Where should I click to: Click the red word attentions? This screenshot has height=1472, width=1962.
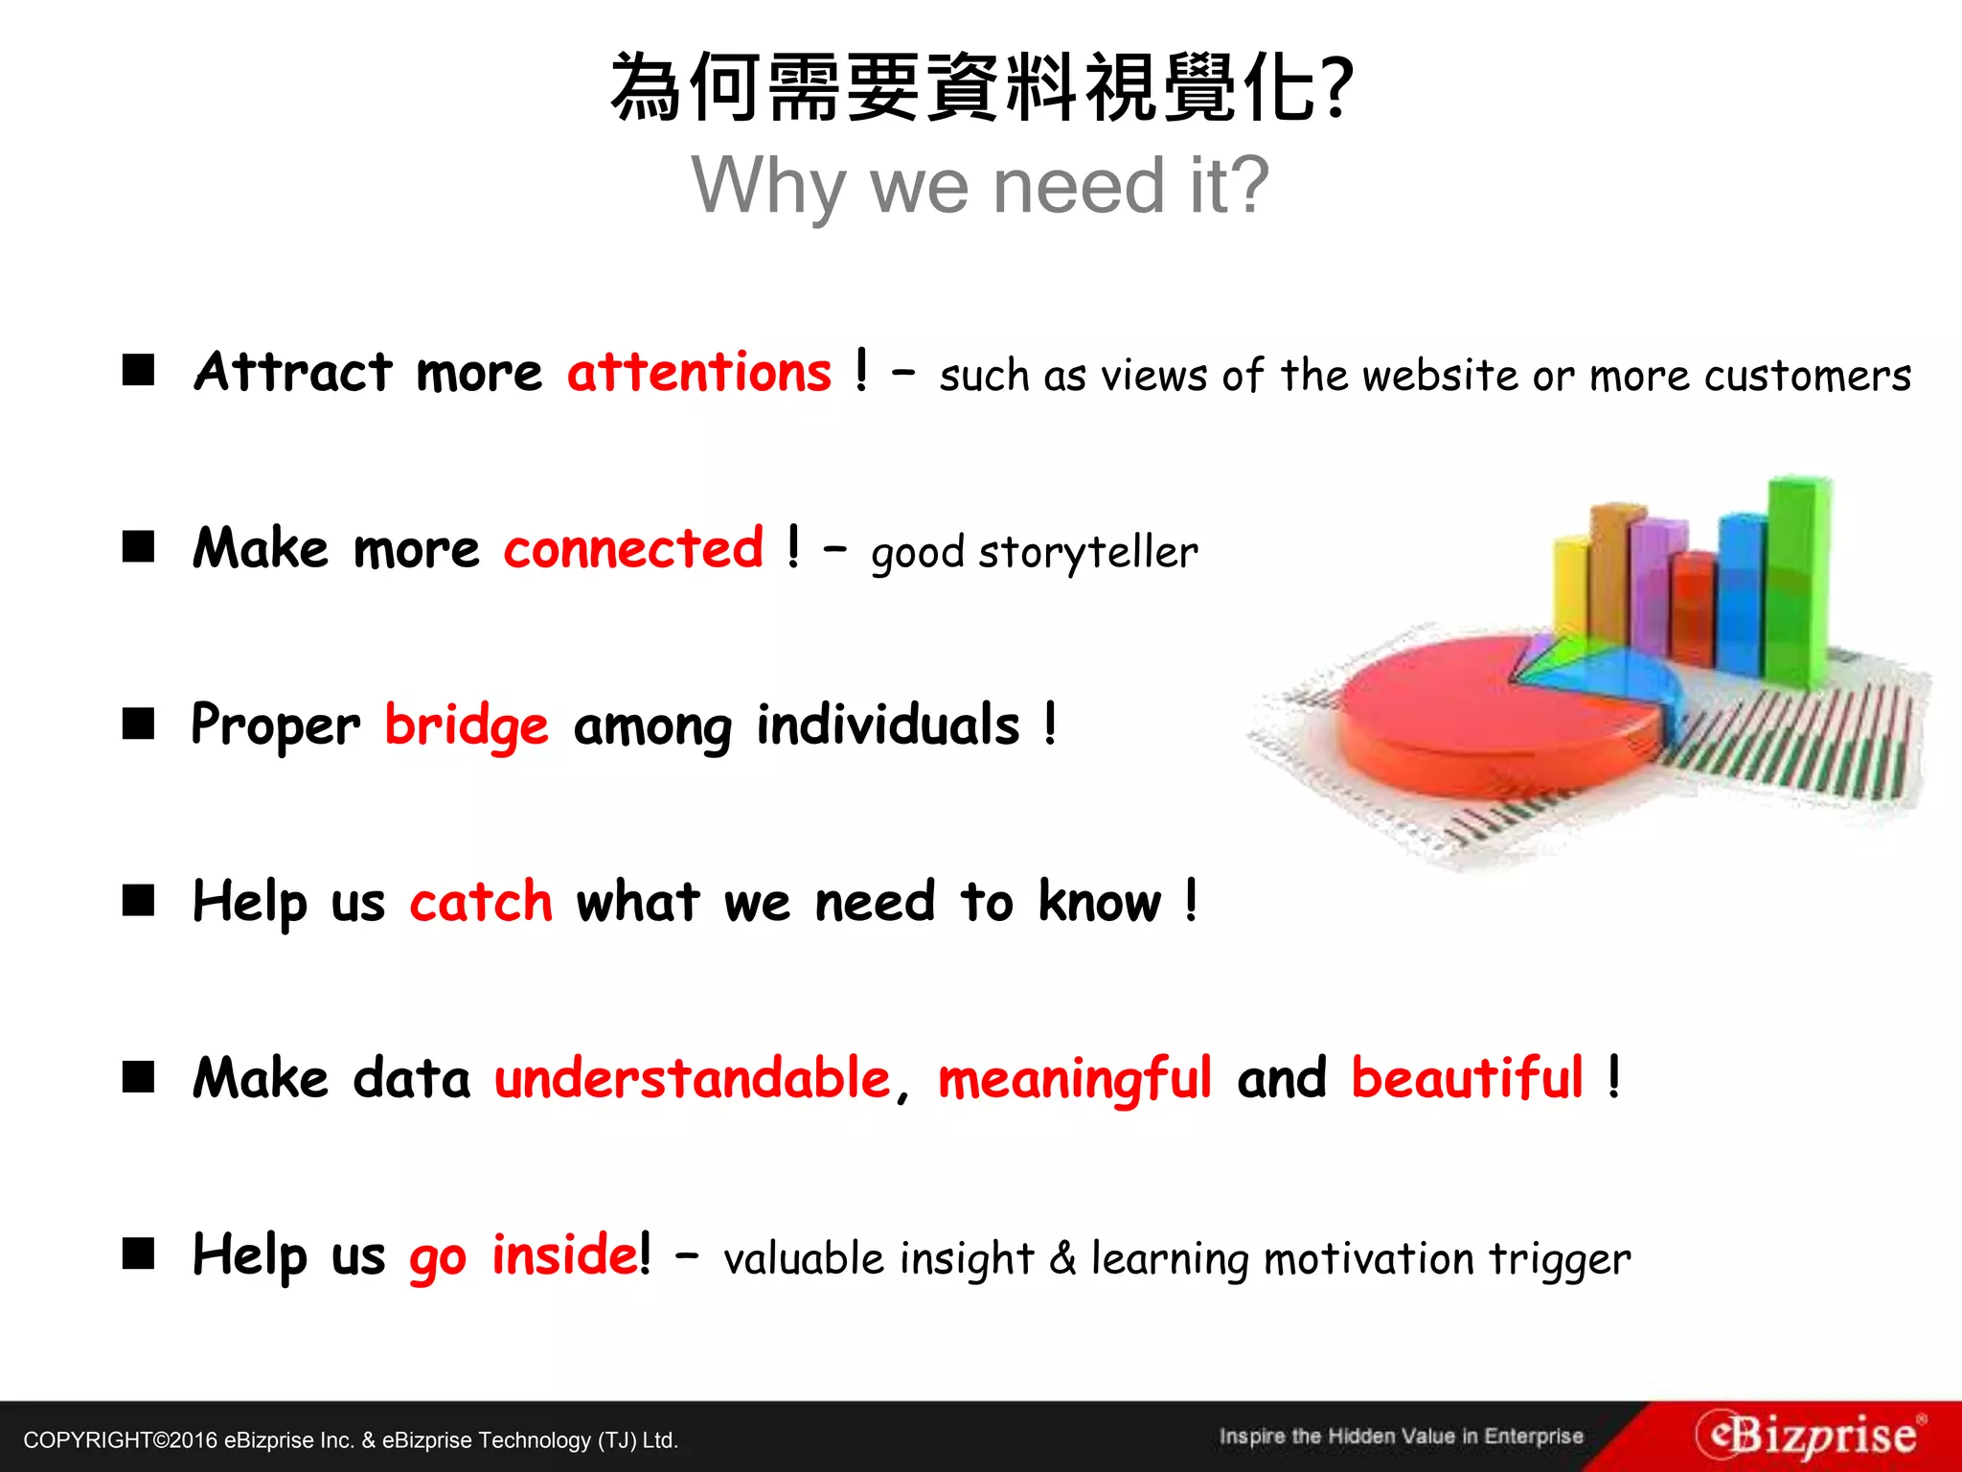pos(698,373)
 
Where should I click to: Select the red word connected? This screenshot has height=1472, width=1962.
pos(633,549)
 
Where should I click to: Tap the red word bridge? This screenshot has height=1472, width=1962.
pos(467,725)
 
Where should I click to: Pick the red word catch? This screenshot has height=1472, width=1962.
pos(481,902)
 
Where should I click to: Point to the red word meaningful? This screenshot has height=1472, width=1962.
pos(1075,1079)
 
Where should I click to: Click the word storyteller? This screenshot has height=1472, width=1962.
pos(1087,553)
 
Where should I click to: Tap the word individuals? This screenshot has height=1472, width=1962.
pos(888,724)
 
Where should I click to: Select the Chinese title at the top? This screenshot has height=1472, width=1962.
pos(980,88)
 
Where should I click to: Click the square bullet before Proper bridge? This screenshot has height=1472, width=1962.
pos(139,724)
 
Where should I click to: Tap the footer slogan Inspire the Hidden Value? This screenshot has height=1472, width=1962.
pos(1401,1437)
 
